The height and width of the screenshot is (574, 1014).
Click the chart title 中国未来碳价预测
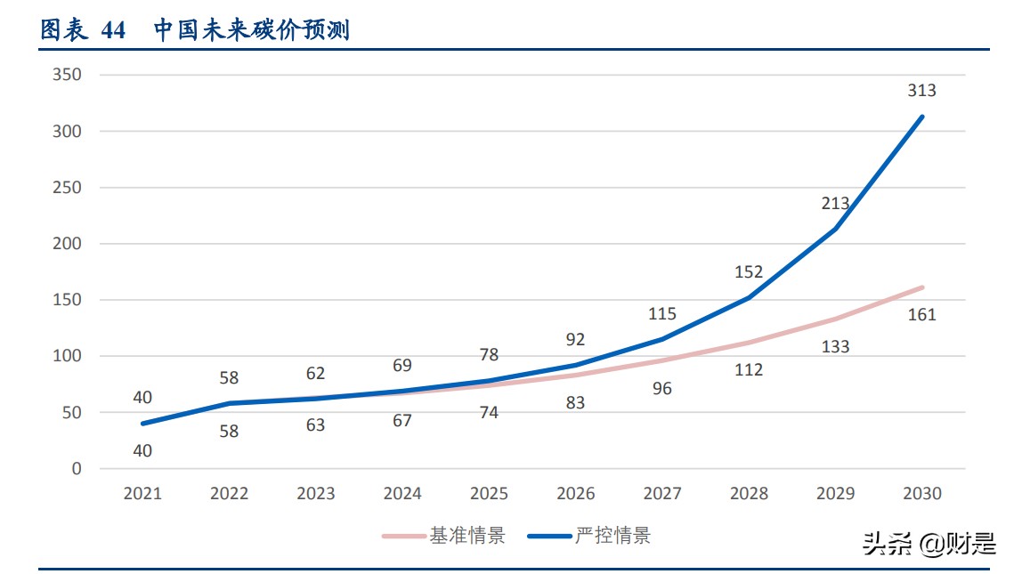(251, 30)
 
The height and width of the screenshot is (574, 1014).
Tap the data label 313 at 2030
(921, 91)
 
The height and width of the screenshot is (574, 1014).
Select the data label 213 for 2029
(835, 204)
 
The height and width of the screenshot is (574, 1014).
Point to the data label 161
(921, 314)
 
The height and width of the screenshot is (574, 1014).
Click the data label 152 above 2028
(749, 272)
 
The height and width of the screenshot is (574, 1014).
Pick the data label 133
(835, 346)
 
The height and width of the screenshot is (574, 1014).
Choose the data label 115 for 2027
(661, 313)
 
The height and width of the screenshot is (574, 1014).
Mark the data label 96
(661, 388)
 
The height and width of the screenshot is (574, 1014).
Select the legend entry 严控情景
(612, 536)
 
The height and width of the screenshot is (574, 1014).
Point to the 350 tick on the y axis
(67, 75)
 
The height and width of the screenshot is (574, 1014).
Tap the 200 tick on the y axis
(67, 244)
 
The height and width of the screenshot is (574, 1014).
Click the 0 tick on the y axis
(76, 468)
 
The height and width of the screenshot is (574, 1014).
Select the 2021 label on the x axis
(142, 493)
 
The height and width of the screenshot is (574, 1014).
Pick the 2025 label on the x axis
(489, 493)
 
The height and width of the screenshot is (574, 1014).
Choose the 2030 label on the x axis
(921, 493)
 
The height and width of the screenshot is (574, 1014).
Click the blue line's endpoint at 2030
(921, 117)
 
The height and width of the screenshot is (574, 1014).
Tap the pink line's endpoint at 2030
(921, 287)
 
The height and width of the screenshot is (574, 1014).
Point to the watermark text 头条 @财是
(929, 544)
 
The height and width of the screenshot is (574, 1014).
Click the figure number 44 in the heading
(114, 30)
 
